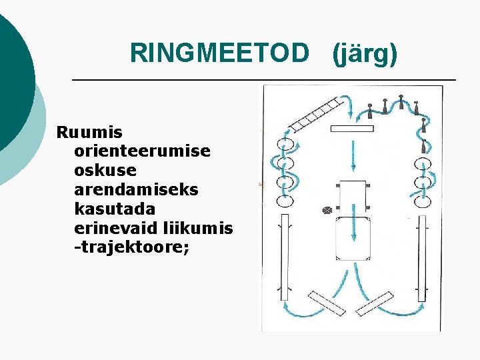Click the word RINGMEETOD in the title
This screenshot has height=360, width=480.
point(220,53)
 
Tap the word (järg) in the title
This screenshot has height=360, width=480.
point(365,53)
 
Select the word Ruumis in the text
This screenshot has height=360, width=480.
point(85,131)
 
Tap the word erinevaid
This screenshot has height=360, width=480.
point(117,229)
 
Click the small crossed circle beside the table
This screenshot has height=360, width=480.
point(327,210)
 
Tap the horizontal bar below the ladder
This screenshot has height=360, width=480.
point(351,128)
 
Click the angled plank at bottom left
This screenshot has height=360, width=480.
point(325,303)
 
